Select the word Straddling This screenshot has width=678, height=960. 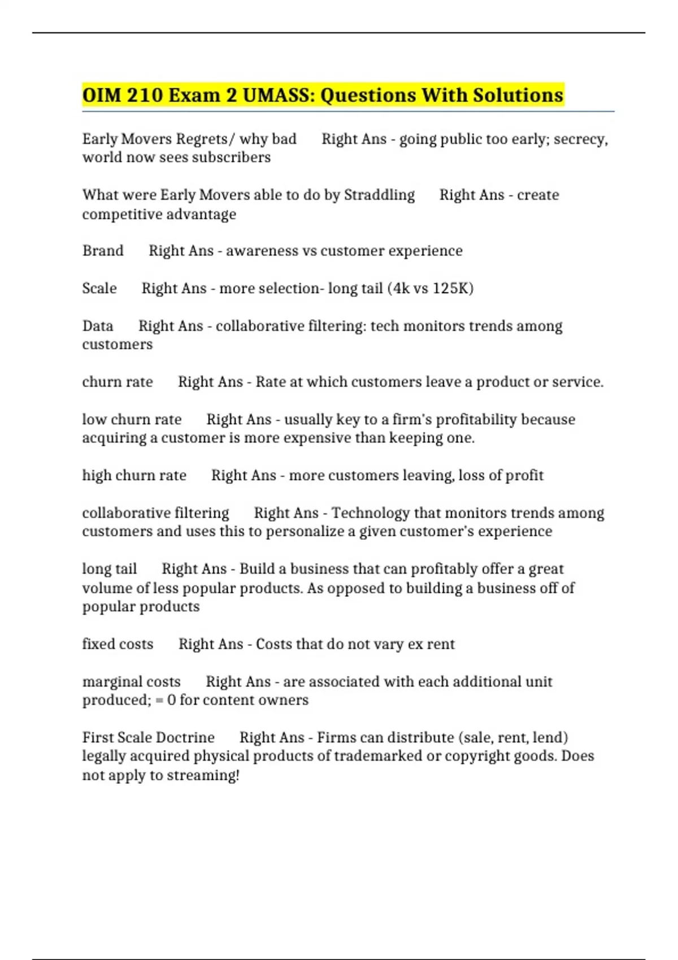tap(379, 195)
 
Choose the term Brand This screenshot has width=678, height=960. tap(103, 251)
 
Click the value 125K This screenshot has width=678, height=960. tap(453, 288)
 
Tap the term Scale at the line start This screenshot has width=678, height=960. tap(99, 288)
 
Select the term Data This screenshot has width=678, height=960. tap(98, 326)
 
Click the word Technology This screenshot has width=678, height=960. tap(371, 513)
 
